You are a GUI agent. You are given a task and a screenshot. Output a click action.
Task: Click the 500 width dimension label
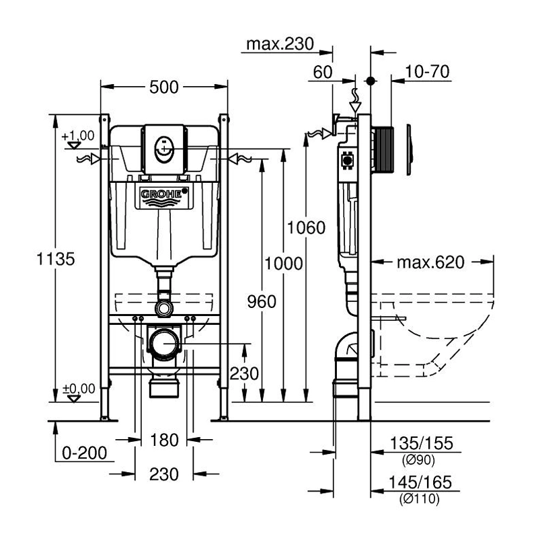[x=164, y=87]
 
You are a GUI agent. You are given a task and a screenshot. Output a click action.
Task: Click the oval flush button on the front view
[x=163, y=147]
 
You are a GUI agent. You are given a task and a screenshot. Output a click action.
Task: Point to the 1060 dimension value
[x=306, y=227]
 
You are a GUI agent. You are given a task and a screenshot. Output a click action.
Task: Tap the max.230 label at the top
[x=280, y=45]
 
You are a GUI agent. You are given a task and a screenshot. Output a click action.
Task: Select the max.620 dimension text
[x=430, y=262]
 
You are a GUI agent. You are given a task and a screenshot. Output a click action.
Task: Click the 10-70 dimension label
[x=428, y=71]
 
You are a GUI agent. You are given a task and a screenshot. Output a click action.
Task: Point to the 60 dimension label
[x=323, y=71]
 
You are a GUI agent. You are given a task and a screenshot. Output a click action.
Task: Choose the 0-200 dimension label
[x=85, y=453]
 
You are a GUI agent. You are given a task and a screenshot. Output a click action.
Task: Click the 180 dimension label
[x=164, y=440]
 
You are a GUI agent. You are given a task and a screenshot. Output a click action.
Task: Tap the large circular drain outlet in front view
[x=164, y=344]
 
